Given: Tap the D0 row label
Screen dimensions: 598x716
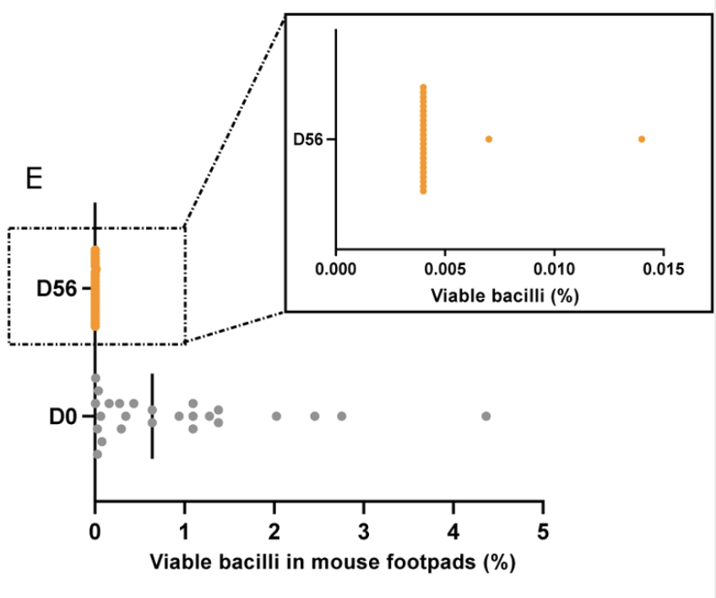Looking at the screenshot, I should pyautogui.click(x=63, y=416).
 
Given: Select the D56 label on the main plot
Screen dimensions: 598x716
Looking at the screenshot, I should pyautogui.click(x=57, y=289).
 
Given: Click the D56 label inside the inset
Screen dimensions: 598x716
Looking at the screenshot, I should pyautogui.click(x=307, y=139).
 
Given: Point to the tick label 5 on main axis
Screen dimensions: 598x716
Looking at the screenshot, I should pyautogui.click(x=543, y=532).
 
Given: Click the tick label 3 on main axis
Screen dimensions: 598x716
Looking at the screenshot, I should pyautogui.click(x=364, y=532).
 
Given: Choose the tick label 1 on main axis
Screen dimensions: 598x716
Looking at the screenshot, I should pyautogui.click(x=185, y=532).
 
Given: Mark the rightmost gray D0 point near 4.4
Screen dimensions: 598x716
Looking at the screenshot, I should pyautogui.click(x=485, y=416).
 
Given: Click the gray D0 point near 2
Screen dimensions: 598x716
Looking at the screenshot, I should pyautogui.click(x=276, y=416).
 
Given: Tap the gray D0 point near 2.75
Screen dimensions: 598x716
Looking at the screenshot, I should pyautogui.click(x=342, y=416).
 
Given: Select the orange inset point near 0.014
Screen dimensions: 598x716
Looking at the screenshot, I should pyautogui.click(x=642, y=139).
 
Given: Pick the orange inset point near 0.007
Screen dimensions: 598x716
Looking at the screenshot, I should pyautogui.click(x=489, y=139).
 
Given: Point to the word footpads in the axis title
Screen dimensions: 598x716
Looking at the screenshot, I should pyautogui.click(x=417, y=561).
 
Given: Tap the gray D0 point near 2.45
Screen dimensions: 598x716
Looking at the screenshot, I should pyautogui.click(x=315, y=416).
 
